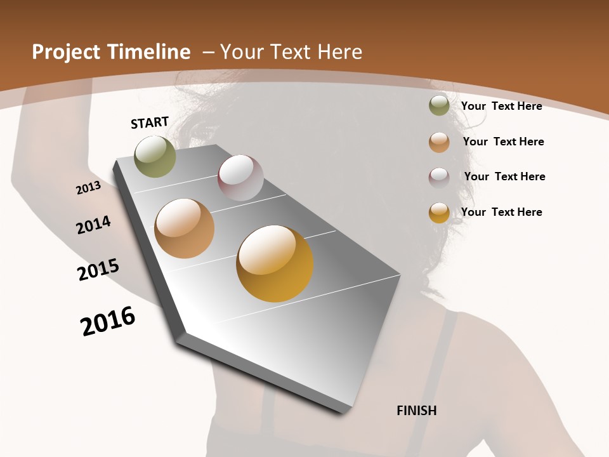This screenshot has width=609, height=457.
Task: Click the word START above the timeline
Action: pyautogui.click(x=150, y=123)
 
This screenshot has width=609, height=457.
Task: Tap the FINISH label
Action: pyautogui.click(x=417, y=411)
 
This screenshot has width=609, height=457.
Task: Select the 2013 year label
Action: pyautogui.click(x=88, y=188)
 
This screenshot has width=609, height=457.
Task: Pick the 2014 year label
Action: pyautogui.click(x=93, y=225)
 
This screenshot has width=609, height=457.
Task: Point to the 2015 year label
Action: pyautogui.click(x=98, y=269)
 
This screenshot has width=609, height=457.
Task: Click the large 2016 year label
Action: pyautogui.click(x=108, y=321)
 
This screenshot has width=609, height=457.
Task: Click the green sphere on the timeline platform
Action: pyautogui.click(x=155, y=156)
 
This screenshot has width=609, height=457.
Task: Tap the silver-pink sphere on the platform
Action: pyautogui.click(x=240, y=178)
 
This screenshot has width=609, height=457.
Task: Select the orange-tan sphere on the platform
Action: pyautogui.click(x=185, y=228)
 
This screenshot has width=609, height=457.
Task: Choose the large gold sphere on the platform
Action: pyautogui.click(x=275, y=263)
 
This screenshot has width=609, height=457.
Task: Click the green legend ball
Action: pyautogui.click(x=439, y=105)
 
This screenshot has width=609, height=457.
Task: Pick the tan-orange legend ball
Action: pyautogui.click(x=439, y=142)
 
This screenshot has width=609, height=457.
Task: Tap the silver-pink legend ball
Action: pyautogui.click(x=439, y=177)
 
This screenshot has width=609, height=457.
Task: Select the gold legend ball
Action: pyautogui.click(x=439, y=213)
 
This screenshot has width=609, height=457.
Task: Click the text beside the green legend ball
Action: pyautogui.click(x=501, y=106)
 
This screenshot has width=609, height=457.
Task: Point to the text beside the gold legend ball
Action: pyautogui.click(x=501, y=212)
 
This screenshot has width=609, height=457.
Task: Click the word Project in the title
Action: pyautogui.click(x=65, y=52)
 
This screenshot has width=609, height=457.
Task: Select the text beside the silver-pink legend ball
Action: pyautogui.click(x=504, y=176)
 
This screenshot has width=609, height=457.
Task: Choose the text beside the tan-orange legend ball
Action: pyautogui.click(x=503, y=142)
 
